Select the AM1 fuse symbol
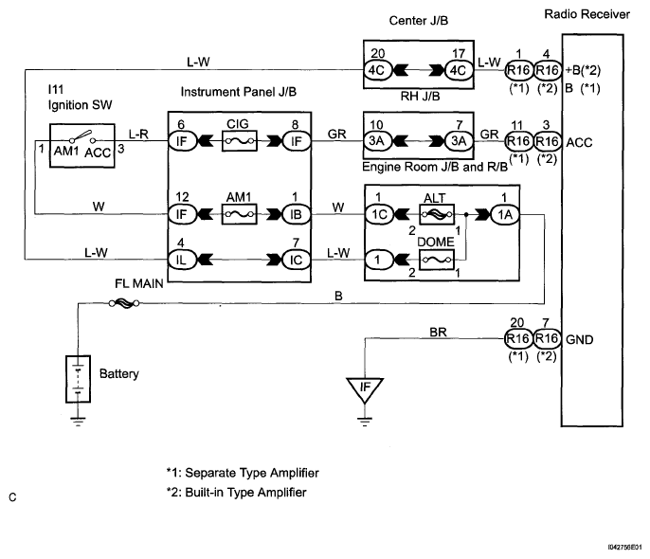point(238,212)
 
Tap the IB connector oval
point(293,213)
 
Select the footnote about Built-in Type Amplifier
point(236,493)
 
